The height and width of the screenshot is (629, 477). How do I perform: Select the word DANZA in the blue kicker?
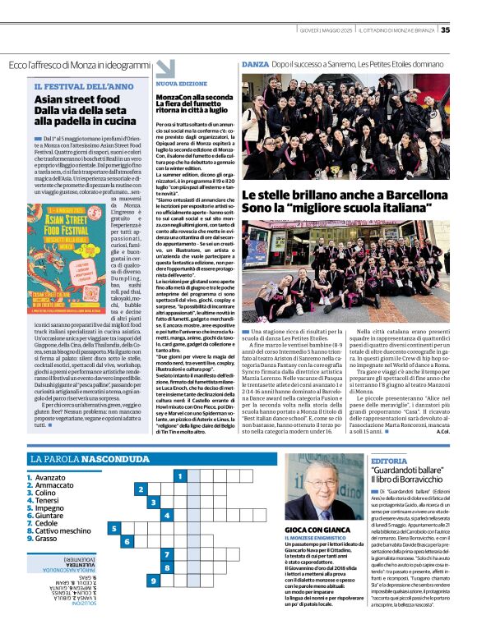pyautogui.click(x=253, y=63)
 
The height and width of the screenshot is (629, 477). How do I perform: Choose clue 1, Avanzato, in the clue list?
pyautogui.click(x=49, y=476)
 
